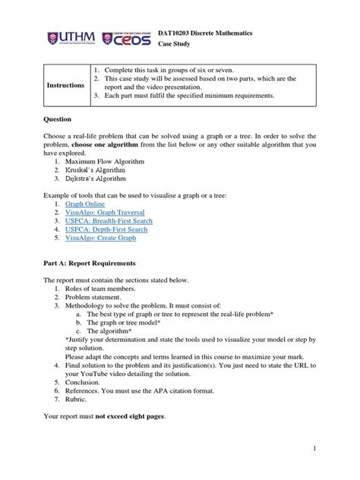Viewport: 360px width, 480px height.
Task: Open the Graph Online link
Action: [x=85, y=205]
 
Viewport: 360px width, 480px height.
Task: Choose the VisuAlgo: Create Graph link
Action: [x=100, y=248]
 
